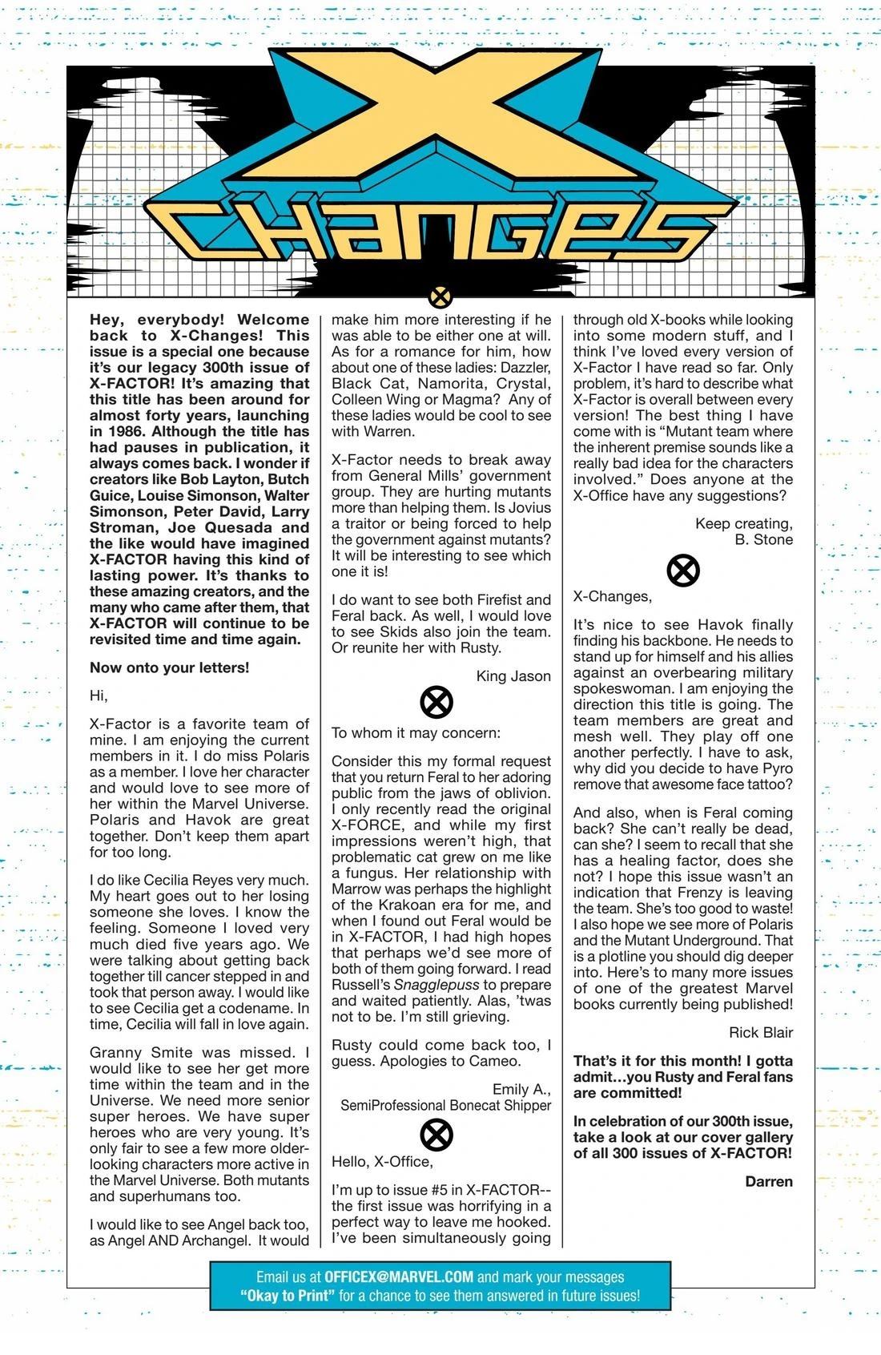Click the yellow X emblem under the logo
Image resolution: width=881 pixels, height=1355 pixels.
(440, 297)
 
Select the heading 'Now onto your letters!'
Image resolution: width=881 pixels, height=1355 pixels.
(169, 667)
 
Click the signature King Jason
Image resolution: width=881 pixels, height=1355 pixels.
(513, 675)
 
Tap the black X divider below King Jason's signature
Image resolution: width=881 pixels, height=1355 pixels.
(436, 704)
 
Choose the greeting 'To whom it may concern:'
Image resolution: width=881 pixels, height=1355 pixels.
(416, 732)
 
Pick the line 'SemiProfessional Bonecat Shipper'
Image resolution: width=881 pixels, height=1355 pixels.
(445, 1105)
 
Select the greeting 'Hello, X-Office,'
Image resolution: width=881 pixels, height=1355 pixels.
(382, 1161)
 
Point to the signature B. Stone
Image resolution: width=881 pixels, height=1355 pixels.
(763, 539)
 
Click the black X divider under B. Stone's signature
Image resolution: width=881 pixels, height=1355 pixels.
(683, 571)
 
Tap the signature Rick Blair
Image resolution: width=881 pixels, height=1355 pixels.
(761, 1032)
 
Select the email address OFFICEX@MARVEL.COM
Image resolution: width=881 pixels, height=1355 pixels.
(399, 1276)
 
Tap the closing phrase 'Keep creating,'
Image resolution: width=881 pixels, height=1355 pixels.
(743, 523)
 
